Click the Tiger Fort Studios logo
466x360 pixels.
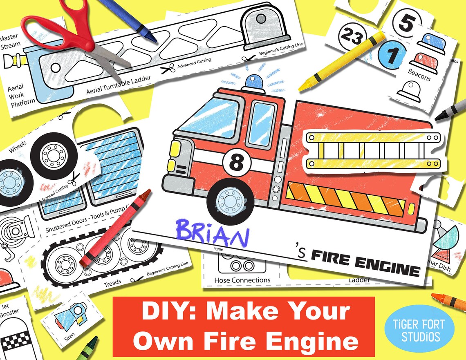coord(419,329)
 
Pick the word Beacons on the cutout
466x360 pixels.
coord(419,74)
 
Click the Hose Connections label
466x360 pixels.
coord(242,280)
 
